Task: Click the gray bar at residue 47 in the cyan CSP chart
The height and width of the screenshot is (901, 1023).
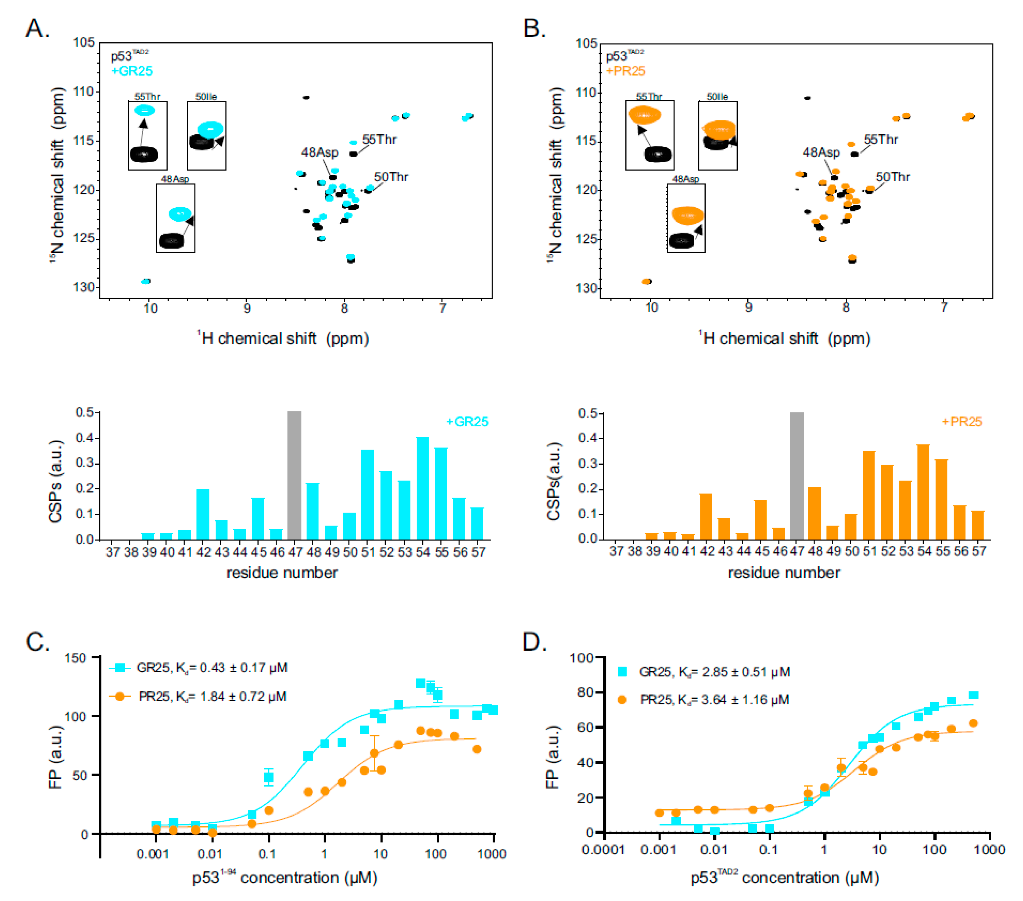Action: pyautogui.click(x=294, y=475)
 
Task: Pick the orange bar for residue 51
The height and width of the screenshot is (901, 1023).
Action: pyautogui.click(x=869, y=495)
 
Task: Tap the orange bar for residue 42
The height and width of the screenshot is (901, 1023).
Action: pyautogui.click(x=706, y=516)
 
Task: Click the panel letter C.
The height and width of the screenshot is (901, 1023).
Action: pyautogui.click(x=38, y=642)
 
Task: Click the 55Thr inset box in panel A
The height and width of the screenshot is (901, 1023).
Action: pyautogui.click(x=148, y=136)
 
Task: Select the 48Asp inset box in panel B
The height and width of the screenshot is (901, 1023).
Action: pyautogui.click(x=686, y=218)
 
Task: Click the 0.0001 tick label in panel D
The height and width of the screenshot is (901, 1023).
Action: pyautogui.click(x=603, y=849)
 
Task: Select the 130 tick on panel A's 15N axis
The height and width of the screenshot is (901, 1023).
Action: pyautogui.click(x=84, y=287)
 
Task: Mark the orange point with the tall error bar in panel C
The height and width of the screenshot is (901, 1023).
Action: pyautogui.click(x=374, y=753)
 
